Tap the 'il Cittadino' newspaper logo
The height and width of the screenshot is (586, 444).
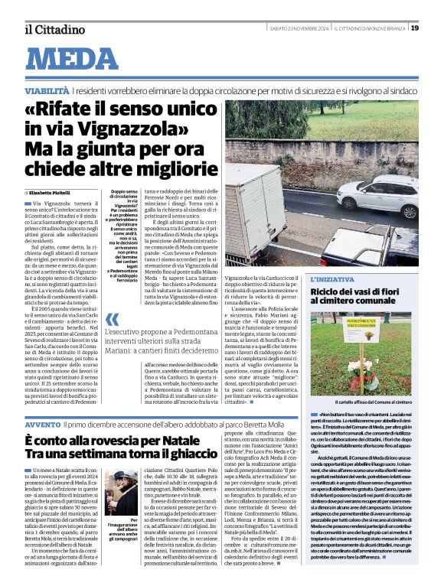pyautogui.click(x=54, y=29)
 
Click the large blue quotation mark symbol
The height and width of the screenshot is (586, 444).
pyautogui.click(x=112, y=321)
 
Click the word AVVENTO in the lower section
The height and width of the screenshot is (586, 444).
pyautogui.click(x=43, y=424)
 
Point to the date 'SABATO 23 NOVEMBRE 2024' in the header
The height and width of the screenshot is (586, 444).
pyautogui.click(x=299, y=29)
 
